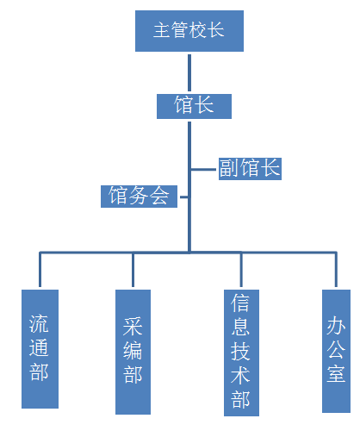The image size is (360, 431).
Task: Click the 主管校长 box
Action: click(189, 31)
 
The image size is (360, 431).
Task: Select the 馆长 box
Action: click(194, 106)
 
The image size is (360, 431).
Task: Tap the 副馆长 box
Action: click(250, 169)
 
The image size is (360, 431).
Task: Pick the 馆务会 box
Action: click(139, 197)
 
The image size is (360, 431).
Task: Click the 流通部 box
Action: click(40, 349)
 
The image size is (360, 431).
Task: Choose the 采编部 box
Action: click(133, 352)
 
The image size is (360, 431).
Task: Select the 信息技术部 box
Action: click(241, 353)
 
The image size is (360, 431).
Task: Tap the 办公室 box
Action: click(336, 351)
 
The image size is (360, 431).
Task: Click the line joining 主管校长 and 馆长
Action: click(189, 73)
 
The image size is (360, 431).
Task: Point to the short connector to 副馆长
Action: click(203, 170)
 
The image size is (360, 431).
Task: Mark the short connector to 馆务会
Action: click(184, 197)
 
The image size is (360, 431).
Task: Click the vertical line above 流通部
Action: click(40, 270)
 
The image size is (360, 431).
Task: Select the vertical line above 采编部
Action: click(133, 270)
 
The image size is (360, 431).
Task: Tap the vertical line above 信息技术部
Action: click(241, 270)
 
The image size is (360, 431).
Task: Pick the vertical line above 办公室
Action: click(336, 270)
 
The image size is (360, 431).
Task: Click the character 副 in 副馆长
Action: click(229, 168)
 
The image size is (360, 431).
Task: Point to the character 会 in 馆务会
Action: click(159, 196)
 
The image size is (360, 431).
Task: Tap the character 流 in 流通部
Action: click(39, 324)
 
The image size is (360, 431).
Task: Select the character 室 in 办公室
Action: click(336, 373)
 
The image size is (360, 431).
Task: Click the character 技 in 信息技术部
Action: click(240, 351)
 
